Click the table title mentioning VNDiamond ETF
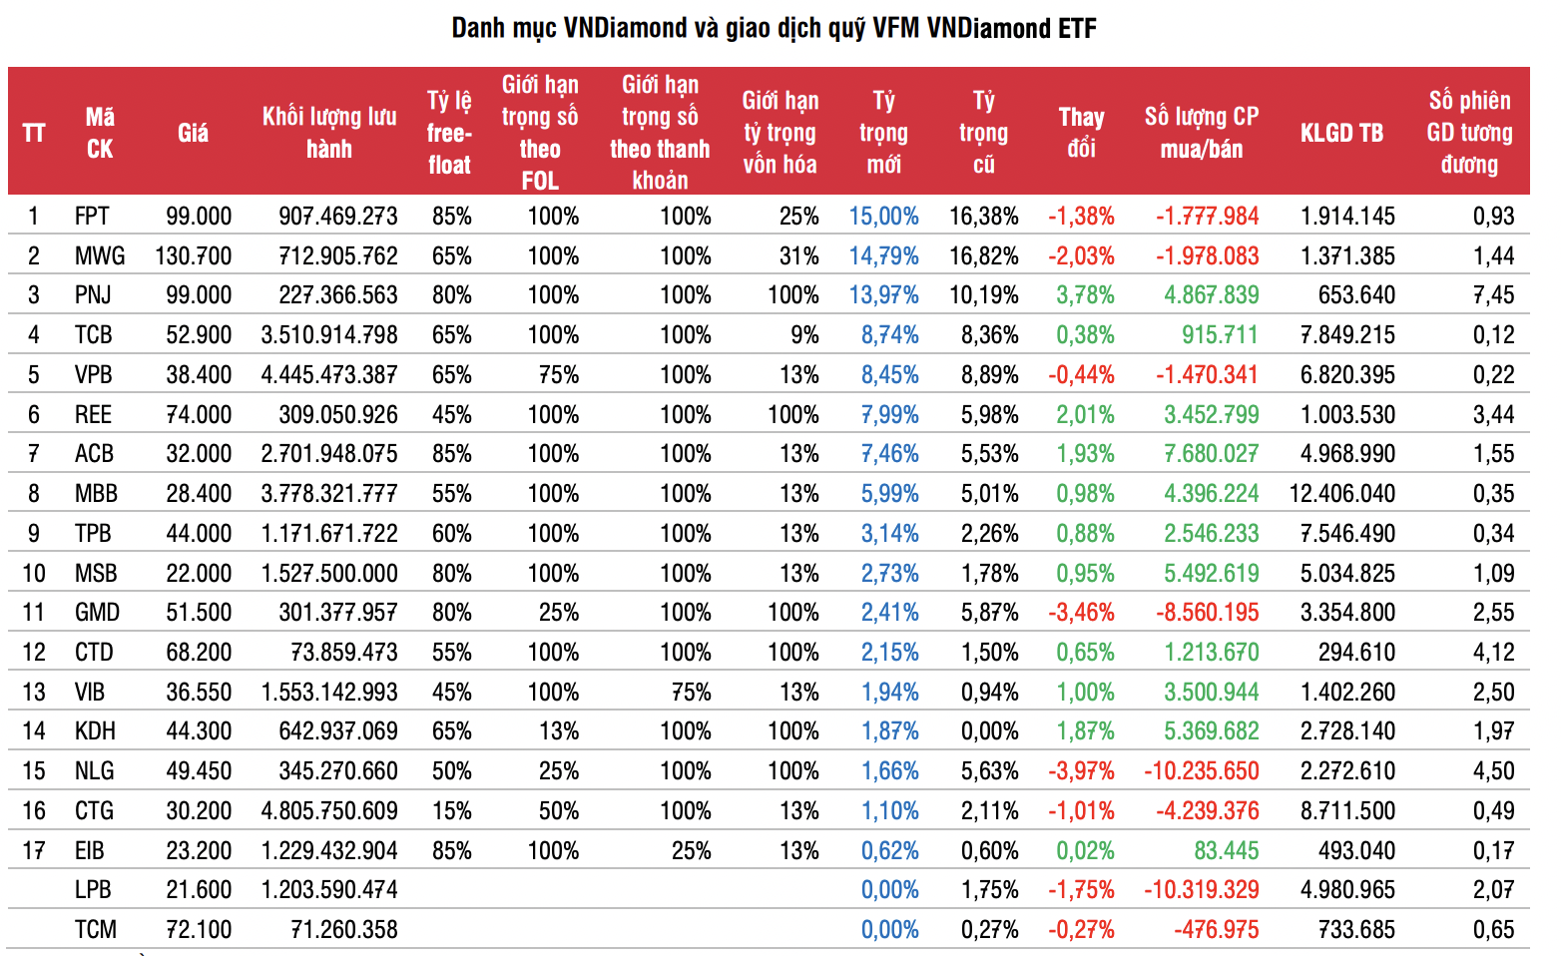point(774,28)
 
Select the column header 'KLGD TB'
point(1341,133)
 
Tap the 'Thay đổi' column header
point(1081,133)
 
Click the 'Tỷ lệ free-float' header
point(449,133)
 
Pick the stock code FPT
point(92,217)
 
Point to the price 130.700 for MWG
point(194,256)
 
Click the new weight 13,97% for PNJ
point(883,295)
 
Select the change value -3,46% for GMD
point(1081,613)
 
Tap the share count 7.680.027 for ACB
point(1211,454)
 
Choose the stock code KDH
point(95,731)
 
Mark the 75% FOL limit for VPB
point(558,375)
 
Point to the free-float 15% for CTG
point(451,811)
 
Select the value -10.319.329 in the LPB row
point(1201,890)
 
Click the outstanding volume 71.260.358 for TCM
point(343,930)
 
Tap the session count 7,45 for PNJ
point(1493,295)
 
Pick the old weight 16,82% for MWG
point(983,256)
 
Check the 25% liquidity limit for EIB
point(691,851)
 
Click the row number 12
point(34,653)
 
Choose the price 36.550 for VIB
point(199,693)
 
